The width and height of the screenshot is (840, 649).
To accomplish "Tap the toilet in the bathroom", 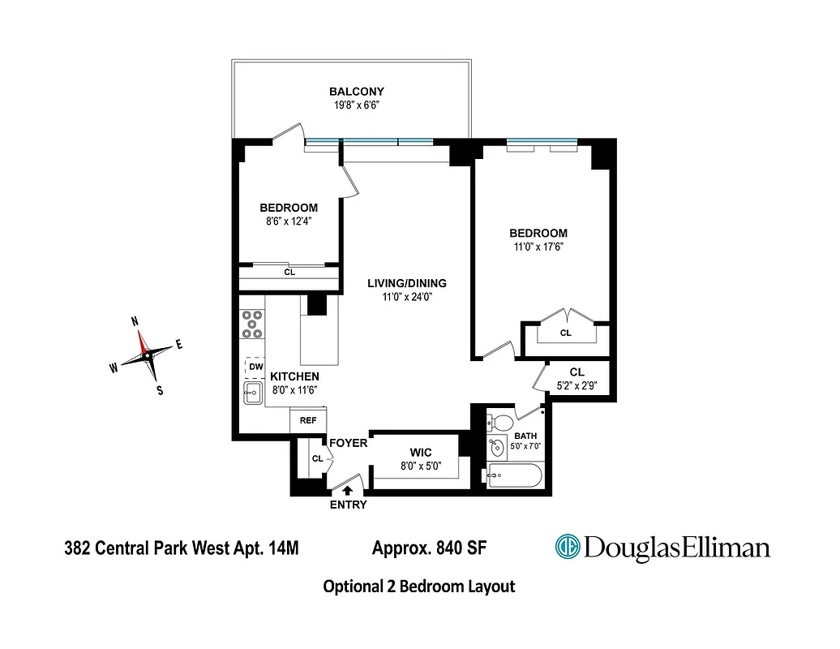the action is (501, 423).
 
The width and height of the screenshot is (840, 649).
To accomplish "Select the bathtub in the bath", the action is (512, 476).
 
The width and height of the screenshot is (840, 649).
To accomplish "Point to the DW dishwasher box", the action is (255, 367).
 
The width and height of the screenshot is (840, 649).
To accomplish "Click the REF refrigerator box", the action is (308, 421).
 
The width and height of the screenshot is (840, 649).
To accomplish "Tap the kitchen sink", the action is (252, 394).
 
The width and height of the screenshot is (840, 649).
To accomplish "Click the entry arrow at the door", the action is (348, 490).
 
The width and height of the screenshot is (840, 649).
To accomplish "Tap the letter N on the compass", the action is (135, 322).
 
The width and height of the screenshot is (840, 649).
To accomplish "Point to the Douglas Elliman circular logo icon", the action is (567, 547).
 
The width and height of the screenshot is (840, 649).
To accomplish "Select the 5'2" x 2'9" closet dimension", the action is (576, 385).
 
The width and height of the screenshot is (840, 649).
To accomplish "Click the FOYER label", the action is (349, 444).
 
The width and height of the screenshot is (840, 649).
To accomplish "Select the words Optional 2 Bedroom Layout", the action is (418, 586).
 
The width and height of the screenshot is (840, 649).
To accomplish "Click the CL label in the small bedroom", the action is (289, 273).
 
